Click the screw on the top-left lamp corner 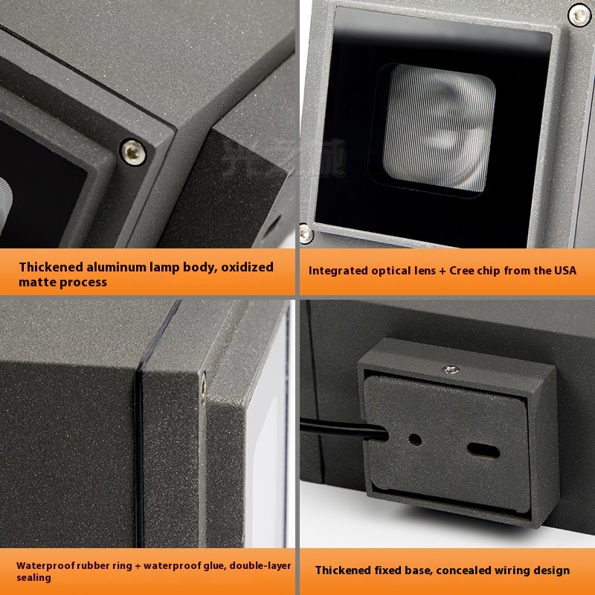click(133, 152)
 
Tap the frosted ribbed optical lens click(439, 128)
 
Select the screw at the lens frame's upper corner click(579, 15)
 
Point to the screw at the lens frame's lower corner click(306, 234)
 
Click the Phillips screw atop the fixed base click(450, 369)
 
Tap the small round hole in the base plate click(415, 440)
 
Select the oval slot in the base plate click(483, 451)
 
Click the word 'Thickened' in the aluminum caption click(51, 267)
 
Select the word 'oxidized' click(247, 267)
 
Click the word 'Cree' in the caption click(462, 271)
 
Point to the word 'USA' click(565, 271)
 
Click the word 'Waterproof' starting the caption click(45, 566)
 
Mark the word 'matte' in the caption click(35, 283)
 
